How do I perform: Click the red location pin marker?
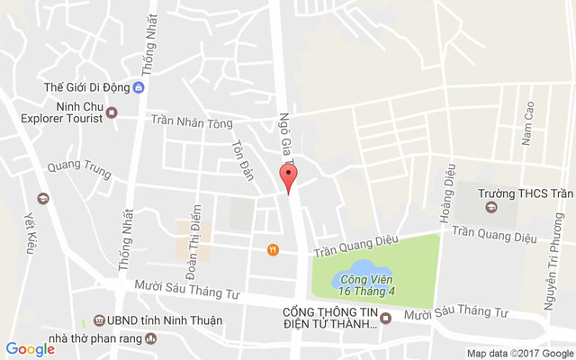[x=288, y=178]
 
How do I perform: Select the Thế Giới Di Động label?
[x=86, y=87]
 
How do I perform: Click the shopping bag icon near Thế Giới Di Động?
[x=139, y=87]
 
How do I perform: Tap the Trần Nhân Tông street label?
[x=191, y=121]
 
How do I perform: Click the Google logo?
[x=30, y=349]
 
